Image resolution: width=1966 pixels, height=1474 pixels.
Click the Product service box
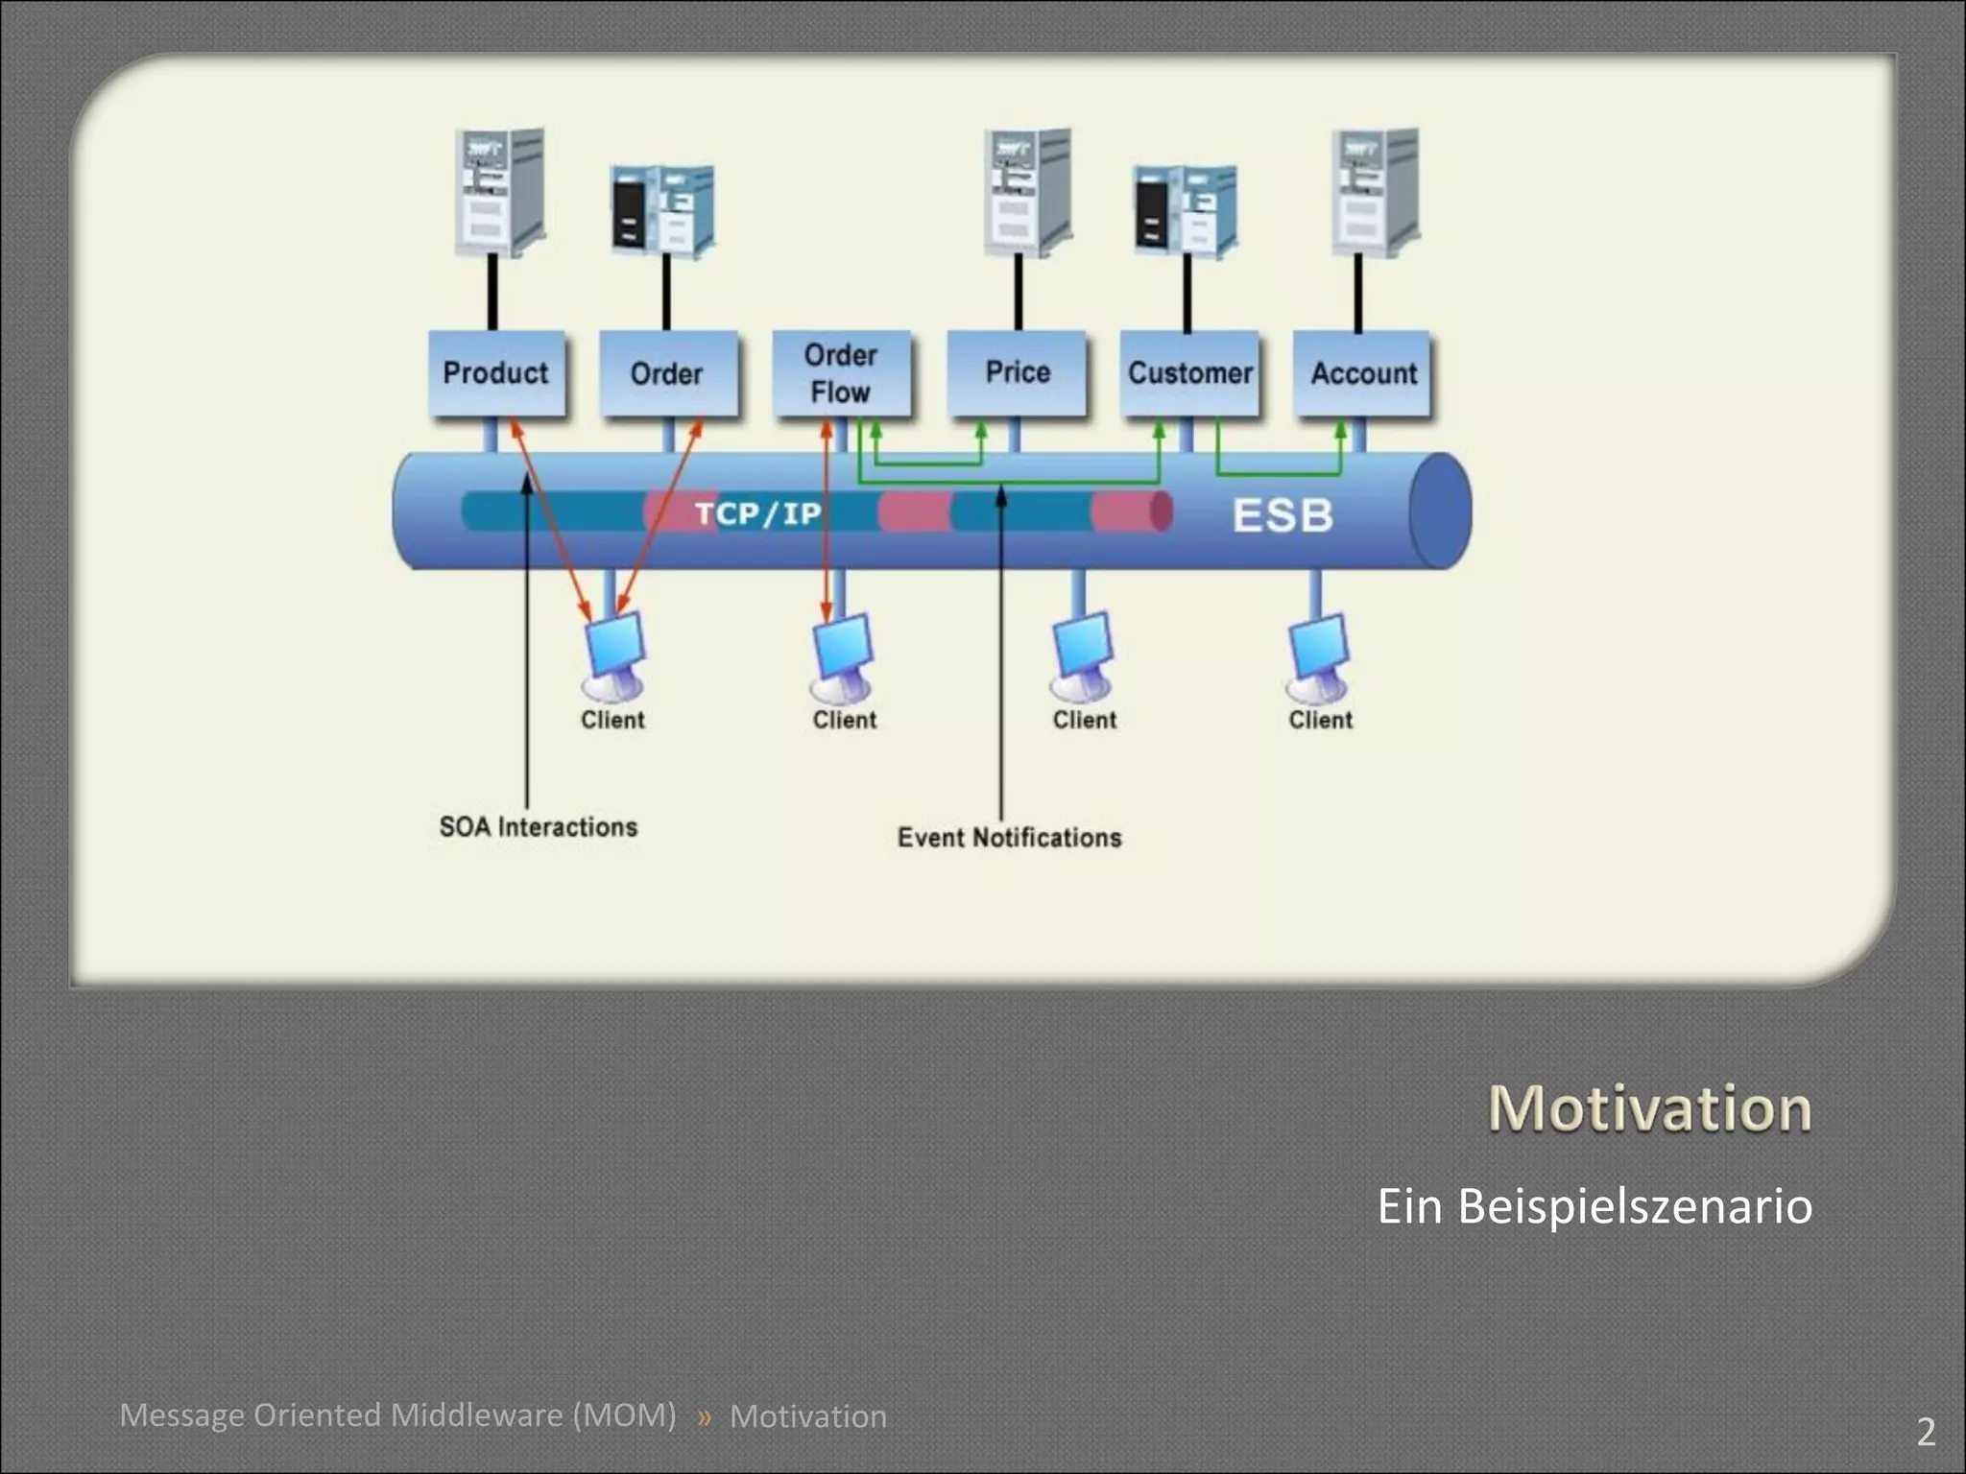point(495,373)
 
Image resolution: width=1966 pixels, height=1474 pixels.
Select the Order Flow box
point(841,373)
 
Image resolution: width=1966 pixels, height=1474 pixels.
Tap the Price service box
point(1017,373)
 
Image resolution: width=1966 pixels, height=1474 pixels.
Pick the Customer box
point(1189,373)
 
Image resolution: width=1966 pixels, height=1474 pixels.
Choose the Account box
point(1363,373)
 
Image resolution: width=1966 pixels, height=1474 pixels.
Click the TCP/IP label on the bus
point(758,513)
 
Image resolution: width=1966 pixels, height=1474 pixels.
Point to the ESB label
point(1283,515)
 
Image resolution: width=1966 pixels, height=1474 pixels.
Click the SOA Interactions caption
point(538,827)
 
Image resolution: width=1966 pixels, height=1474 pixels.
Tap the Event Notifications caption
point(1009,838)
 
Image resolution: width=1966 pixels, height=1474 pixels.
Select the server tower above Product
point(499,192)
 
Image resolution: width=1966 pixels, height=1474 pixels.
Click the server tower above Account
point(1376,192)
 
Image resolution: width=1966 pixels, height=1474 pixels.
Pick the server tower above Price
point(1028,192)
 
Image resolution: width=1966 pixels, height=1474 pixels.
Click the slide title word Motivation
point(1649,1108)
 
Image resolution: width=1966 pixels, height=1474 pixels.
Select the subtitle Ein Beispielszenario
point(1594,1206)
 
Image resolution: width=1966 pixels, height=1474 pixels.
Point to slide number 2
point(1926,1432)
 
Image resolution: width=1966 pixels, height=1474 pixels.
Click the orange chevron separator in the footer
point(705,1416)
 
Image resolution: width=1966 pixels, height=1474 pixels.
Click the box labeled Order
point(667,373)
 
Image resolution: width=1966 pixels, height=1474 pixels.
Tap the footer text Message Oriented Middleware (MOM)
point(397,1415)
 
